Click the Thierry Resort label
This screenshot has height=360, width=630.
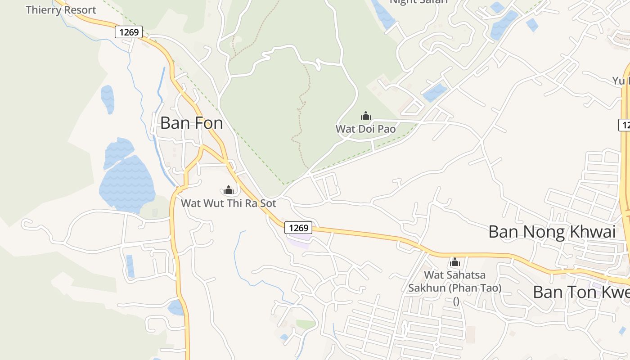tap(61, 10)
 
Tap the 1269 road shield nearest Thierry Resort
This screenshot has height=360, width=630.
tap(129, 32)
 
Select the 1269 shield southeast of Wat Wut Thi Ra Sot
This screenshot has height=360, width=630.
tap(298, 228)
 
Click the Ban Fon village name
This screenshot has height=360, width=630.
tap(191, 123)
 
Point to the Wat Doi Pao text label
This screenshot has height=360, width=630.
tap(365, 129)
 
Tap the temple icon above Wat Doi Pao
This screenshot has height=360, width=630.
tap(366, 116)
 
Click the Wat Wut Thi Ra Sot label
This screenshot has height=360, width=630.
tap(228, 203)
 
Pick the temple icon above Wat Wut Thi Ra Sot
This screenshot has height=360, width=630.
tap(229, 190)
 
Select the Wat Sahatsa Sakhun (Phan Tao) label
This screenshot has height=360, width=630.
tap(455, 281)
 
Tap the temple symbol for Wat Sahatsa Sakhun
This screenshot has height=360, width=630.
tap(455, 262)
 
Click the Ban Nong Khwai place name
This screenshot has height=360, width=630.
tap(552, 232)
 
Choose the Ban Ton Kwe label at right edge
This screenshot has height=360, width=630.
tap(581, 292)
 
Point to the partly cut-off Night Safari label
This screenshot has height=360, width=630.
tap(418, 2)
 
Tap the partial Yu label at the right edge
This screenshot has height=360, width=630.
tap(621, 81)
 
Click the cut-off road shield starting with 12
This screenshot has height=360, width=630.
tap(624, 125)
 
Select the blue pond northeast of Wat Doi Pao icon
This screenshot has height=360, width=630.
tap(435, 93)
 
